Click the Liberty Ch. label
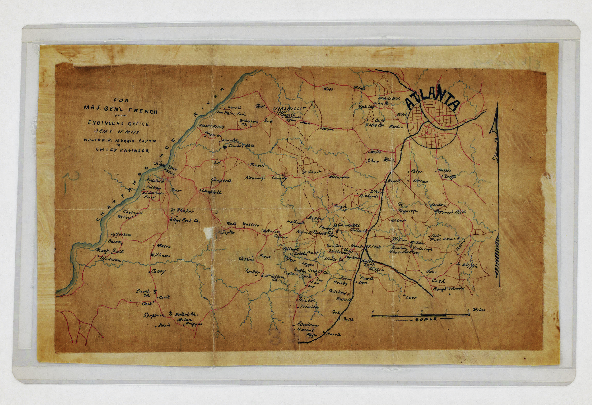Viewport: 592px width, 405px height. click(x=334, y=260)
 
